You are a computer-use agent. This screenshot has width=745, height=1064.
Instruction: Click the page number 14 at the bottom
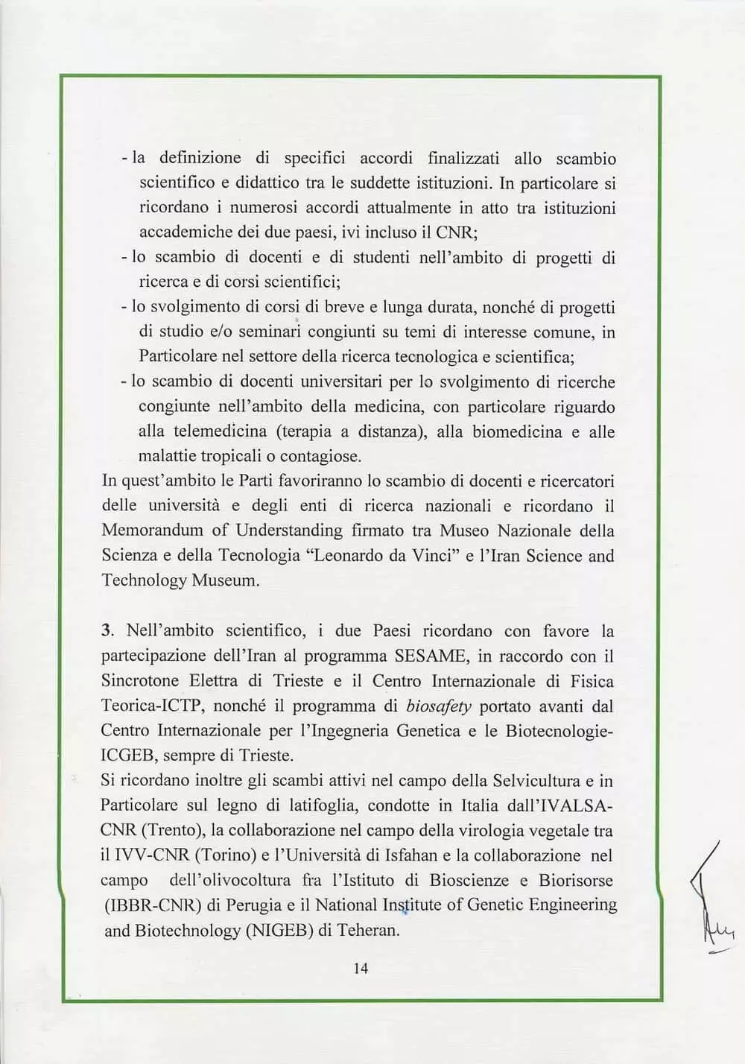tap(361, 968)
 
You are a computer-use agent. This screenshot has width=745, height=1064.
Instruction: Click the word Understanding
tap(289, 531)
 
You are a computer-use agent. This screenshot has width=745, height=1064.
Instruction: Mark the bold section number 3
tap(107, 630)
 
